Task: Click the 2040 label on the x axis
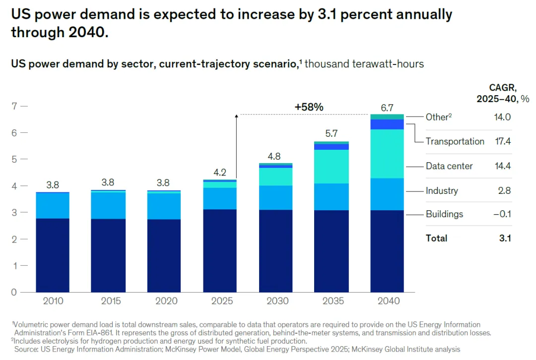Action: (x=387, y=301)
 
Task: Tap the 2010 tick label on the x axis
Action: (x=52, y=301)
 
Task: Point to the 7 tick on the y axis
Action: (x=15, y=106)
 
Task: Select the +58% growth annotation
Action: (x=309, y=107)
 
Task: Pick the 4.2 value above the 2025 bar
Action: (x=219, y=173)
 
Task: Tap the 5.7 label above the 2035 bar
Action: (x=331, y=134)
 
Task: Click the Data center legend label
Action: (x=449, y=166)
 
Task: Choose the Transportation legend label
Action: (x=455, y=141)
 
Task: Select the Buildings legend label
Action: (x=444, y=214)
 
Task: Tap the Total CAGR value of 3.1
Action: (x=505, y=238)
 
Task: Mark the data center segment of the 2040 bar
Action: (x=387, y=154)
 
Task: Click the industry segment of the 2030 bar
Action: (x=275, y=197)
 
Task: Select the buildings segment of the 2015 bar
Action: (x=108, y=255)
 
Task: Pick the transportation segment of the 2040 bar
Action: (x=387, y=124)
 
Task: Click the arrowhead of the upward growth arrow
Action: (x=236, y=117)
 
